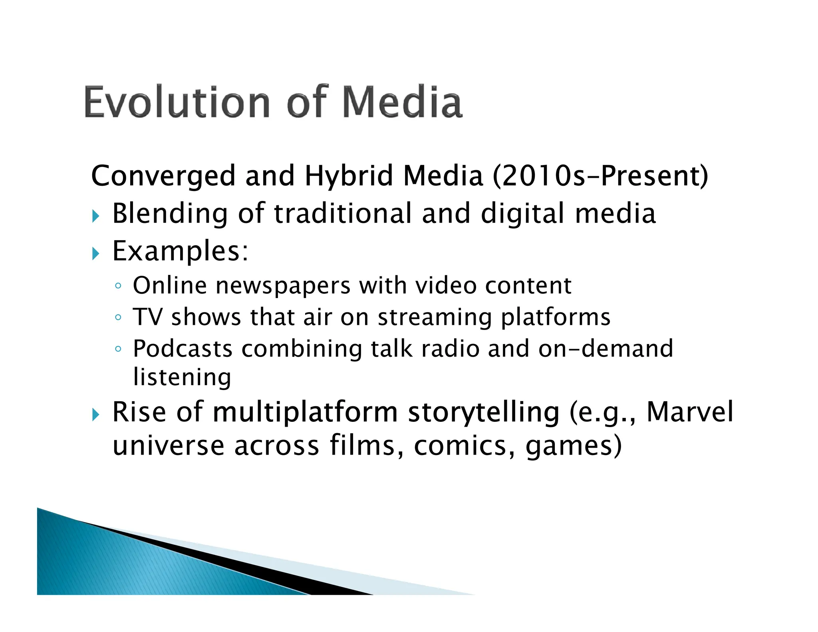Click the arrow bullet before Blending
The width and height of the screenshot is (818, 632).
pos(95,216)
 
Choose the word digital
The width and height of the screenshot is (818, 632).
pos(523,213)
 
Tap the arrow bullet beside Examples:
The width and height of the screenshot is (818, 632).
pos(95,253)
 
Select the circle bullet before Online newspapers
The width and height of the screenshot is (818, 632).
pos(117,286)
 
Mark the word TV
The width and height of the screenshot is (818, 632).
pos(147,317)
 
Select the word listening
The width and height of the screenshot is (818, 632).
pos(182,378)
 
